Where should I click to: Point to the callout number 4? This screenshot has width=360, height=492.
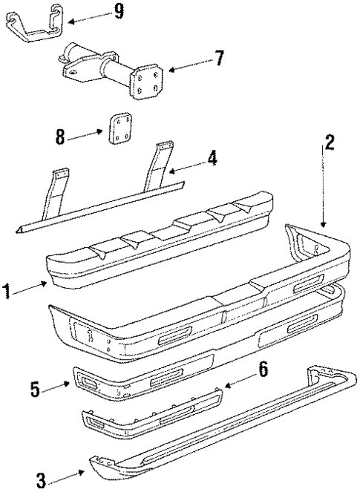[x=212, y=159]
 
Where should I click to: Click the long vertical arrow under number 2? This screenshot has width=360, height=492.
[x=324, y=189]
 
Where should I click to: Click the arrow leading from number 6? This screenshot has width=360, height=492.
[x=238, y=379]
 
